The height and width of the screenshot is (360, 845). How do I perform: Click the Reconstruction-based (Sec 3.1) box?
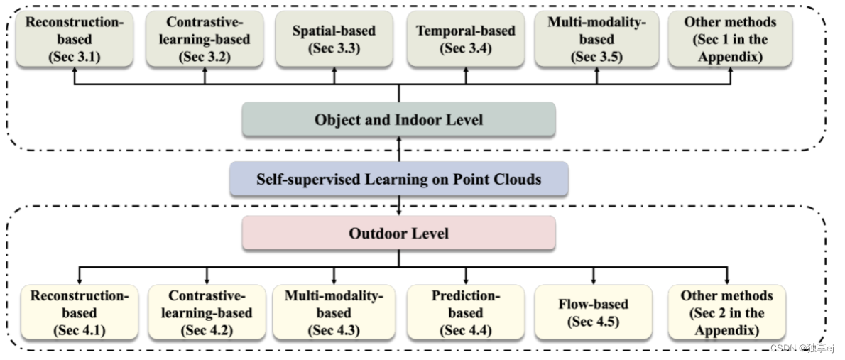click(x=75, y=40)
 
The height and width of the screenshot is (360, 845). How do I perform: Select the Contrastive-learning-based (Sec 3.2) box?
click(x=205, y=40)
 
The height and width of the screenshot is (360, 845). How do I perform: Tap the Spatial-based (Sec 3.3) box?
click(x=334, y=40)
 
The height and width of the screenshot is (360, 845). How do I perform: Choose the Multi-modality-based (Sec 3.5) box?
click(x=596, y=40)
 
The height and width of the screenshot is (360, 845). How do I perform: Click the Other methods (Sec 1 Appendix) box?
click(x=730, y=40)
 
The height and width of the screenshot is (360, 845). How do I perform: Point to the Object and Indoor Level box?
click(x=398, y=119)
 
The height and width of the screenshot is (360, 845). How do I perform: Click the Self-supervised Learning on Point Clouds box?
click(x=398, y=179)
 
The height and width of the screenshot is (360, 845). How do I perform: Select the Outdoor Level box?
click(x=398, y=233)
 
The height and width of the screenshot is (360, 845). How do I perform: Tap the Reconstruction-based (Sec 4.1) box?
click(x=80, y=312)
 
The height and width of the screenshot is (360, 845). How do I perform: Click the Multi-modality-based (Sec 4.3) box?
click(x=334, y=312)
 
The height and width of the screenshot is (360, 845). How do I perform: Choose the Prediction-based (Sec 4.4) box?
click(x=466, y=312)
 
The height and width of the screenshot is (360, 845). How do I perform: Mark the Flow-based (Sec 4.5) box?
click(x=593, y=312)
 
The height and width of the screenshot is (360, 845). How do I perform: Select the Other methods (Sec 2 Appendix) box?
click(x=726, y=312)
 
